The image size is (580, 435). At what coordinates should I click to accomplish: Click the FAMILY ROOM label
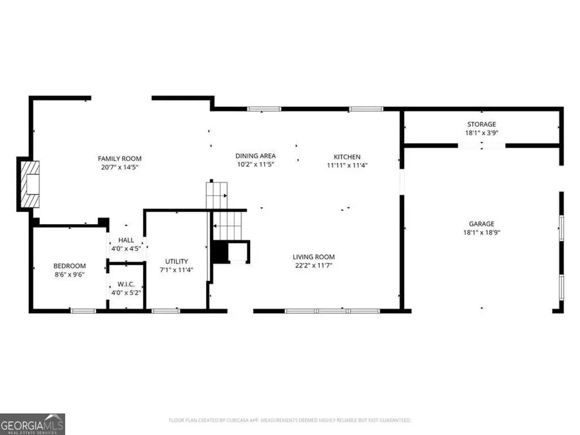pos(119,159)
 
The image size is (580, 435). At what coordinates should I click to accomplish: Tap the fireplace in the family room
pos(29,184)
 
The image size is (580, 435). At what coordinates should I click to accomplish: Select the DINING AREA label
pos(255,156)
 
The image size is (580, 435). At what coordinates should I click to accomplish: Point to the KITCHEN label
pos(347,157)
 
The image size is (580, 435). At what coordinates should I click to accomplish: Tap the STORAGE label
pos(481,124)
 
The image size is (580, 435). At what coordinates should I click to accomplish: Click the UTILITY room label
pos(176,261)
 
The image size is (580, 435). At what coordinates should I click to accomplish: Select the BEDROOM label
pos(69,266)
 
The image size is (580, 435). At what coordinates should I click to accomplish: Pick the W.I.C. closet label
pos(124,284)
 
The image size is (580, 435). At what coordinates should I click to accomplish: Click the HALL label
pos(126,240)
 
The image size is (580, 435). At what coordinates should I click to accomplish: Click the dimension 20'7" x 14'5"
pos(119,167)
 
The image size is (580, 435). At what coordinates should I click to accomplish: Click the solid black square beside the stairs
pos(220,252)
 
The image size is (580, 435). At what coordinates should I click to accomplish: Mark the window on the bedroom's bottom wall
pos(83,311)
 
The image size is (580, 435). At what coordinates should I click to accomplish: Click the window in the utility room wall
pos(166,311)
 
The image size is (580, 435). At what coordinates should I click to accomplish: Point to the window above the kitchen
pos(362,109)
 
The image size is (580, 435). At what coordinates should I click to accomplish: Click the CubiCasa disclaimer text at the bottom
pos(289,420)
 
